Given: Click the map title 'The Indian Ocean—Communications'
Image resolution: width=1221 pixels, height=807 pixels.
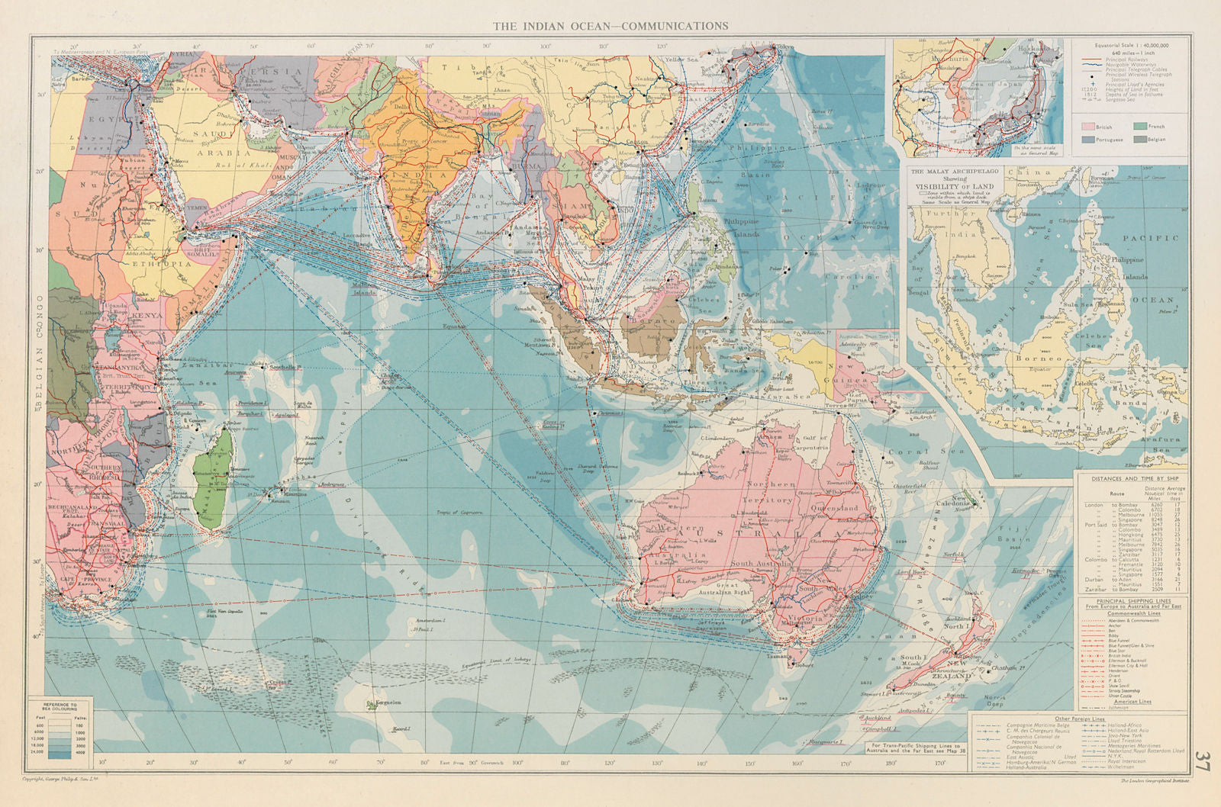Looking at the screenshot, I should pyautogui.click(x=610, y=25).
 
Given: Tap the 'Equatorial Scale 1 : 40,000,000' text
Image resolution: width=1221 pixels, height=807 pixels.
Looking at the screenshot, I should pyautogui.click(x=1132, y=46).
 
